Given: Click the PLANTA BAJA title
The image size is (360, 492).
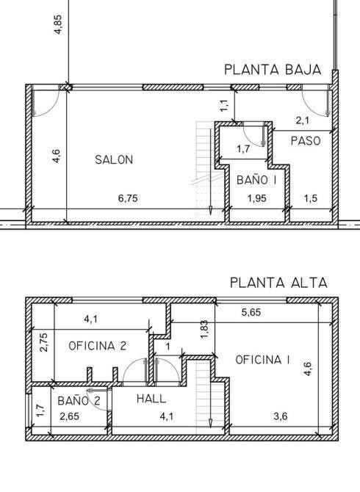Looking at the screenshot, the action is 273,70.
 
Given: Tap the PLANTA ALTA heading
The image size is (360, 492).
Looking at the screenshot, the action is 278,283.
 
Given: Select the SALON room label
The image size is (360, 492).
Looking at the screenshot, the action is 114,159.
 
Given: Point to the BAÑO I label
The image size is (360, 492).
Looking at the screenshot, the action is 256,180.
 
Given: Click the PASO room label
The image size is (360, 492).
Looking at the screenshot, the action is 306,141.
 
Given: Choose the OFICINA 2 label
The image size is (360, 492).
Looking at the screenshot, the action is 97,346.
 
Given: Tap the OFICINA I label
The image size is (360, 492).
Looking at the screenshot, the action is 263,360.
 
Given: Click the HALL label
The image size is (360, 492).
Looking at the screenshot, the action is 151,399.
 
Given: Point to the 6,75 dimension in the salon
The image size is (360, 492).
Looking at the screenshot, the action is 128,198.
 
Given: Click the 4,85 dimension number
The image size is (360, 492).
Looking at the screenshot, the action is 58,24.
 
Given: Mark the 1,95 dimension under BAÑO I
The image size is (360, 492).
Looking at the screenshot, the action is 256,198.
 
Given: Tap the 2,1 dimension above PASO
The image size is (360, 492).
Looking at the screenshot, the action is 303,120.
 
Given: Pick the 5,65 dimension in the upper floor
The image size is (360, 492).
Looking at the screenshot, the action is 251,312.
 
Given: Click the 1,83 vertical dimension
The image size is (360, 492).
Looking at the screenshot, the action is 204,329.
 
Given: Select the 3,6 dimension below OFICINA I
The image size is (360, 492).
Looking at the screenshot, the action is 280,416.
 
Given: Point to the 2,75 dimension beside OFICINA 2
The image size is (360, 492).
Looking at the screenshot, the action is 44,343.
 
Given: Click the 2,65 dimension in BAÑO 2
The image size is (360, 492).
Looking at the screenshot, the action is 69,416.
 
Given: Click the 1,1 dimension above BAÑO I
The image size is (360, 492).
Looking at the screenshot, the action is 224,106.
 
